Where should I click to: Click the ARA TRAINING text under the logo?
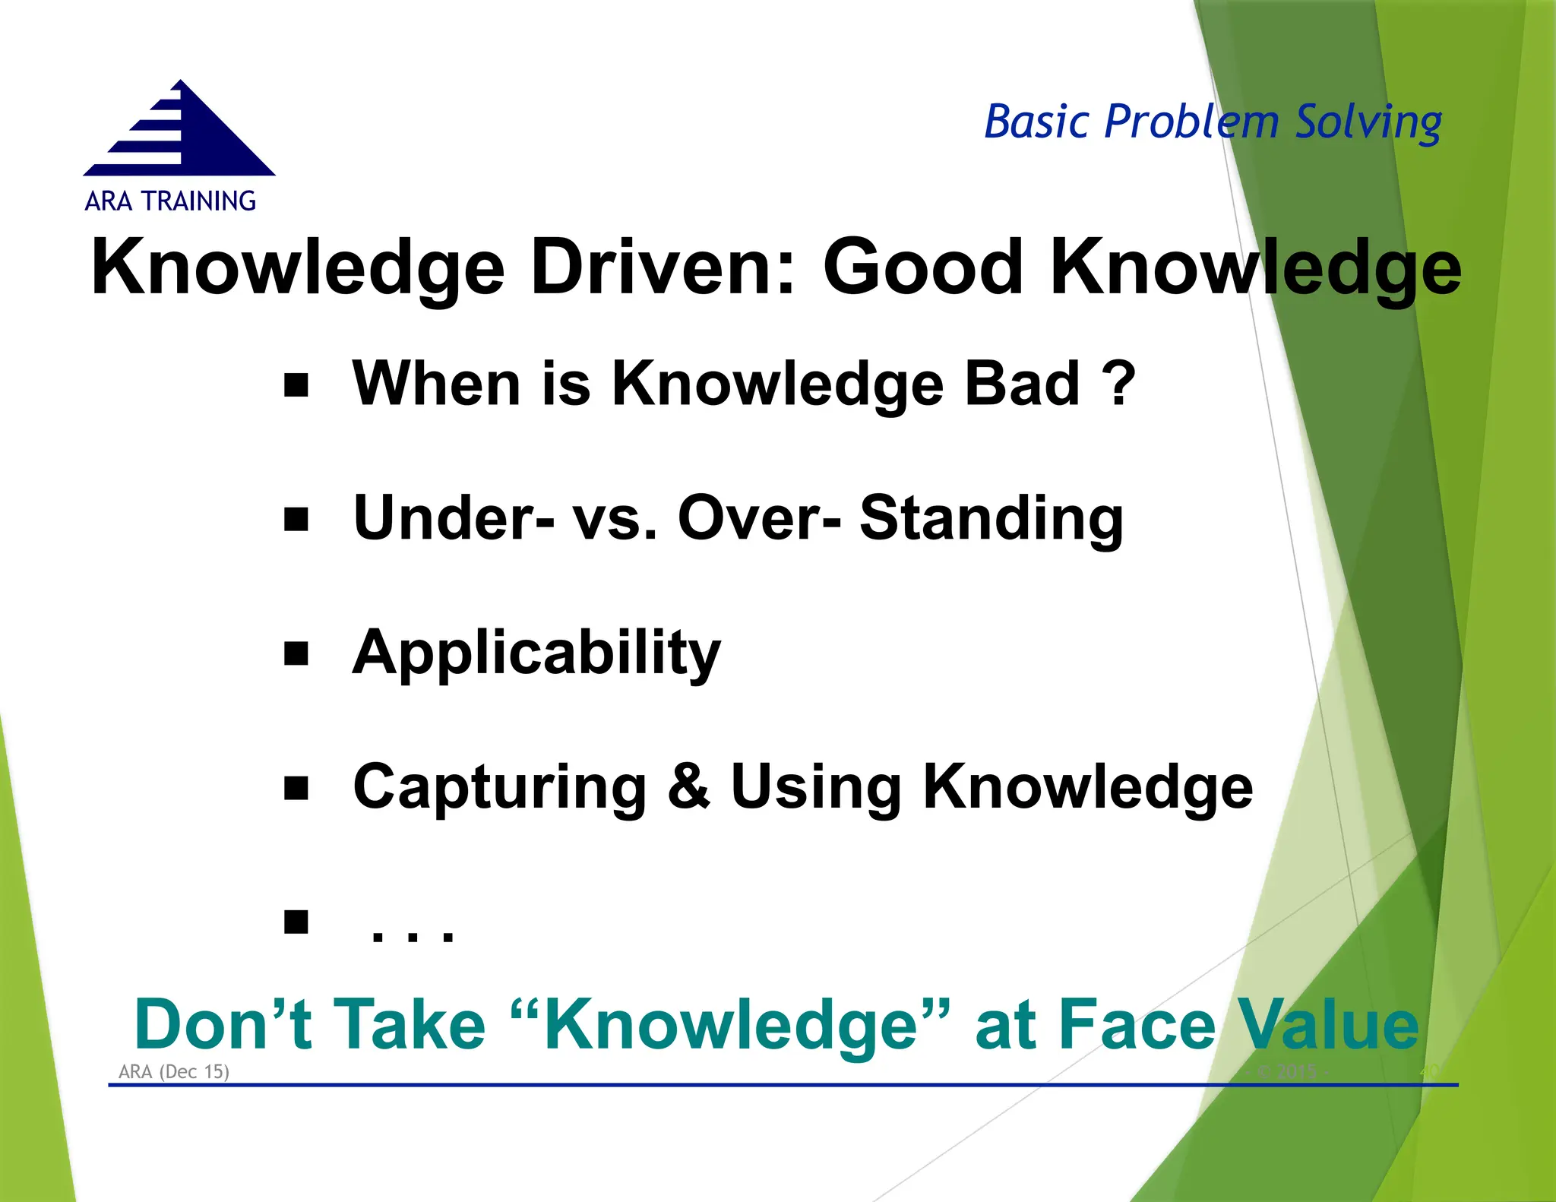(170, 201)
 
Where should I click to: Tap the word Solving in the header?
(1368, 123)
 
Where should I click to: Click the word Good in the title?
(924, 267)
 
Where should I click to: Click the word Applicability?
(536, 653)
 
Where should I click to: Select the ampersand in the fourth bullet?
(688, 787)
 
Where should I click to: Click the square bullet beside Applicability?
(296, 653)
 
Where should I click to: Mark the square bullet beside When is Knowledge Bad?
(296, 385)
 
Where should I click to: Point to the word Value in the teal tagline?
(1327, 1025)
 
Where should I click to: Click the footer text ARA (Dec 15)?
(174, 1071)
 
